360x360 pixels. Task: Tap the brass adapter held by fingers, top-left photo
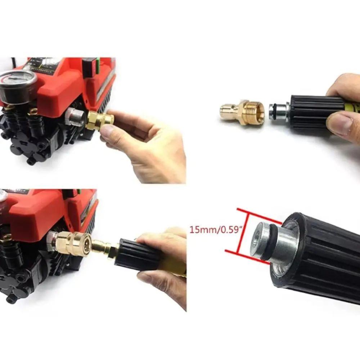click(x=99, y=120)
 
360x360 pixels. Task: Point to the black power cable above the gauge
click(x=14, y=63)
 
